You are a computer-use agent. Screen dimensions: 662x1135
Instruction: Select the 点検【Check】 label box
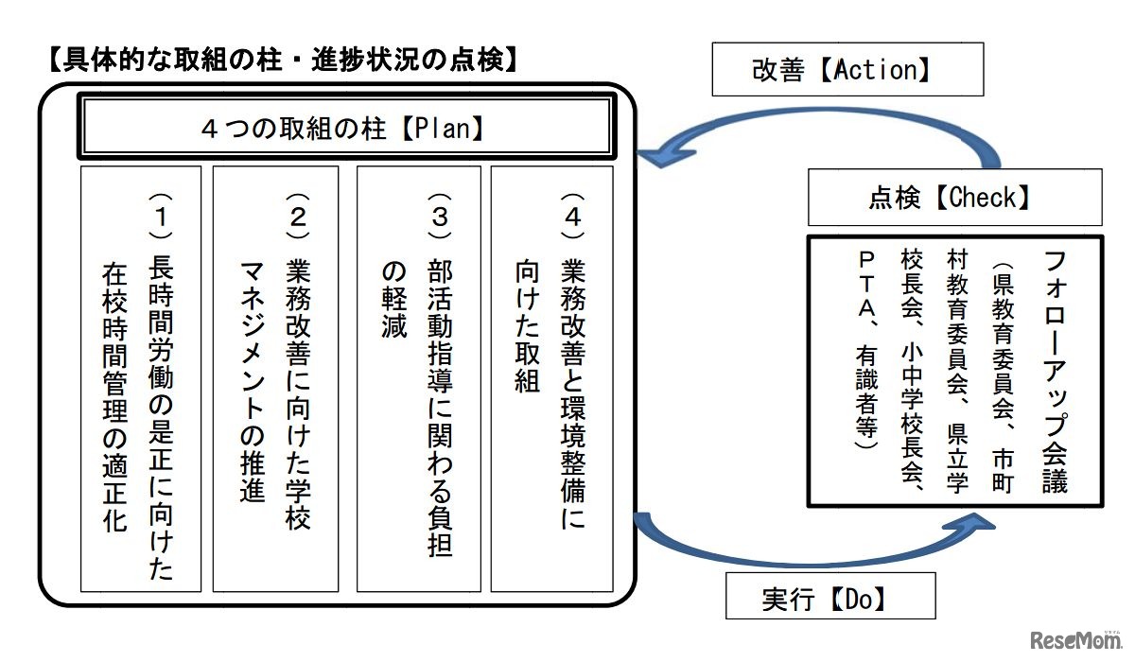pos(954,198)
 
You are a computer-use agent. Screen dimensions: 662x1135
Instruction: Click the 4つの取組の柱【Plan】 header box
pos(343,128)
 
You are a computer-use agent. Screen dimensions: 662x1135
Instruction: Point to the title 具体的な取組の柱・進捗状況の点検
pos(283,61)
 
